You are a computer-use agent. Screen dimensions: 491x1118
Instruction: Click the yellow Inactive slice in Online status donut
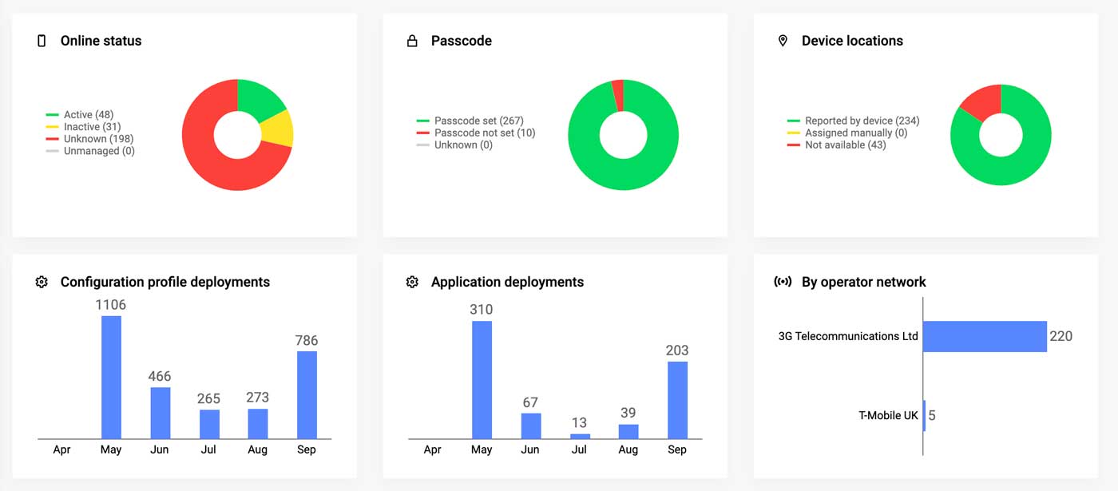[279, 129]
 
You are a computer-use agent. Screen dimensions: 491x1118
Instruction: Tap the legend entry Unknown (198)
[98, 139]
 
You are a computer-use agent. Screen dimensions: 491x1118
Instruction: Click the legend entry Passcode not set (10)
[485, 133]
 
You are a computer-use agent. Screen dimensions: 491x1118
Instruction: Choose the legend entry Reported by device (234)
[862, 121]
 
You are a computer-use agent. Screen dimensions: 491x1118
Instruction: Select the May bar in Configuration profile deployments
[111, 377]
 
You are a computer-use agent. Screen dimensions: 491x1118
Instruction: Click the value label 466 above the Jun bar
[160, 376]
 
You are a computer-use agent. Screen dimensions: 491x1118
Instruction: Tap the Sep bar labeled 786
[307, 394]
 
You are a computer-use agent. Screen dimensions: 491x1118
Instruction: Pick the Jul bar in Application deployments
[580, 436]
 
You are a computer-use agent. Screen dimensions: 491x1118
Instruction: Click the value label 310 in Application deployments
[482, 310]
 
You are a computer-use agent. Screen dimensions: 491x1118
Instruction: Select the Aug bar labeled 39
[628, 431]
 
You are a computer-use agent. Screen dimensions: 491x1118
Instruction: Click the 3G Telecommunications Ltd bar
[985, 336]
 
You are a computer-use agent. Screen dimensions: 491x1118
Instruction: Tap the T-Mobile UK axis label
[888, 416]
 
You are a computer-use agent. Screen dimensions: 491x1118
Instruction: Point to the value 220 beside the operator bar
[1061, 336]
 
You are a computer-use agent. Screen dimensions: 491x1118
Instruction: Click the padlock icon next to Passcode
[412, 41]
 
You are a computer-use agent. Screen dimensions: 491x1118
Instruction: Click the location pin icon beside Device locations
[783, 41]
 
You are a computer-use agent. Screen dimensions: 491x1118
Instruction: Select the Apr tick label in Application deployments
[432, 449]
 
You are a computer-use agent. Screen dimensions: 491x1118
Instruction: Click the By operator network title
[863, 282]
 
